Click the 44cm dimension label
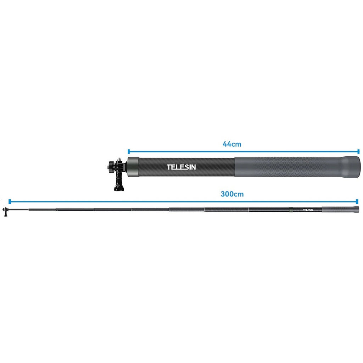pos(232,144)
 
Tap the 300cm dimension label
pos(232,194)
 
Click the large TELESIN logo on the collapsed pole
pos(181,167)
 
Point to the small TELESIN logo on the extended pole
pos(308,210)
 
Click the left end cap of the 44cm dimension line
pos(129,152)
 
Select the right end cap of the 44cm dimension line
pos(358,152)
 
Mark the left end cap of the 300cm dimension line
pos(10,201)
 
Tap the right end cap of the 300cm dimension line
pos(357,201)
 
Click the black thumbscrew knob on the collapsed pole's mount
pos(111,167)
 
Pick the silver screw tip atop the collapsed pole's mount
pos(119,159)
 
